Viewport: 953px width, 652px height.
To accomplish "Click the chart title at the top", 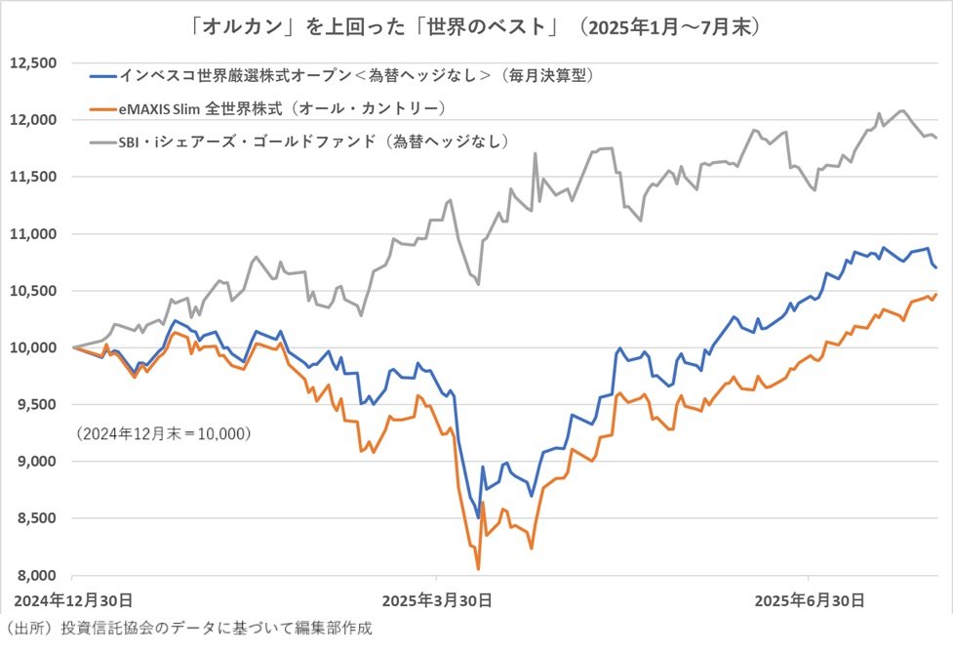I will coord(476,26).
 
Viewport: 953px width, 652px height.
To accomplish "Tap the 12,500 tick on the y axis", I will coord(32,63).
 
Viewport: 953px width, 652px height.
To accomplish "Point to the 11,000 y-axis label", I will coord(32,234).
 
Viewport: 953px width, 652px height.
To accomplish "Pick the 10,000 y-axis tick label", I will coord(32,347).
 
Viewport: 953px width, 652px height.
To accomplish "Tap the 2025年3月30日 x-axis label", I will coord(436,598).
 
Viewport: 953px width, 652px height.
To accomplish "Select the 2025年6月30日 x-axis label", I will coord(809,598).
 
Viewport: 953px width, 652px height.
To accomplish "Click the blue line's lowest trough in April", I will coord(478,517).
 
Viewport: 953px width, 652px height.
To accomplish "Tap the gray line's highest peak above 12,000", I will coord(900,110).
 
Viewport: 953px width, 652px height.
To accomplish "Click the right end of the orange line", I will coord(936,294).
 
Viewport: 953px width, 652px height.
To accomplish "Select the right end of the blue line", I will coord(936,267).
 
